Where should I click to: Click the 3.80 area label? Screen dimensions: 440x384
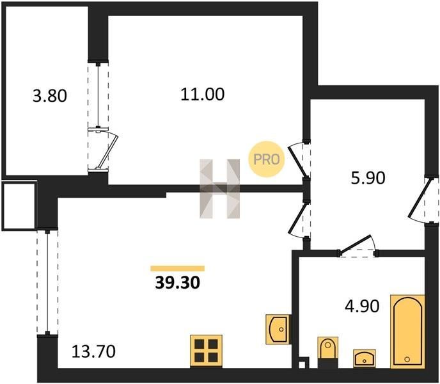click(50, 96)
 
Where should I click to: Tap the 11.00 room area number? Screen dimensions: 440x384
click(202, 94)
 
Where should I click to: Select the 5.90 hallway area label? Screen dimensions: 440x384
click(368, 178)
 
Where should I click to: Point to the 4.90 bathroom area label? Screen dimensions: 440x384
click(362, 306)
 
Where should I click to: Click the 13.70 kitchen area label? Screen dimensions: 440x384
click(93, 351)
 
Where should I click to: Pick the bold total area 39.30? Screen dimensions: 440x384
click(177, 283)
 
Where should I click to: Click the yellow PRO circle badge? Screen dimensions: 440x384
click(266, 159)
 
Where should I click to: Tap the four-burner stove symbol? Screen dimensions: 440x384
click(206, 351)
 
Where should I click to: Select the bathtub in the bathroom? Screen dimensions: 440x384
click(407, 332)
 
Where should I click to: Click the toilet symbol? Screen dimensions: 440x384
click(327, 348)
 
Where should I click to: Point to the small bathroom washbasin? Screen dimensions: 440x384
click(365, 358)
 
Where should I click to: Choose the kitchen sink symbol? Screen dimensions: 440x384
click(278, 329)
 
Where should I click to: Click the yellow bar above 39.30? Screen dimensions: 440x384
click(177, 268)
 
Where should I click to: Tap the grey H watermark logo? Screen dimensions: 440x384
click(220, 189)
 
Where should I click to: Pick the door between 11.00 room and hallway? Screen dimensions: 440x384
click(300, 159)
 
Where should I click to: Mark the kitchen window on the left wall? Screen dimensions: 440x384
click(47, 282)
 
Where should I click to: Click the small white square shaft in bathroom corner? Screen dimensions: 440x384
click(302, 365)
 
